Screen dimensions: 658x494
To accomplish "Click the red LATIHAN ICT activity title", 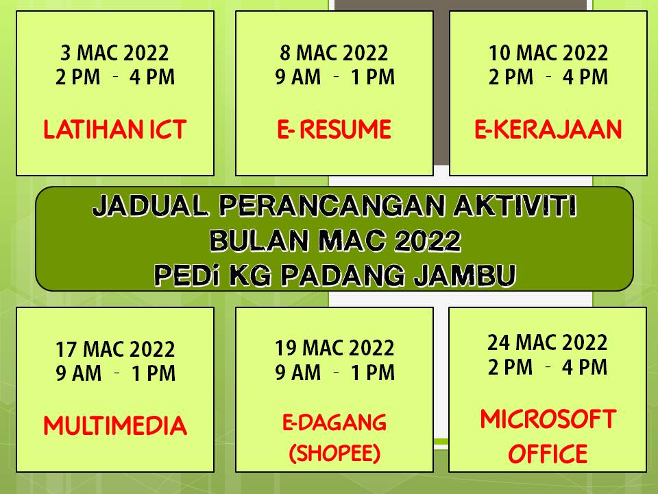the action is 115,129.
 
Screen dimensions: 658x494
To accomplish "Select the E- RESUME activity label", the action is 334,129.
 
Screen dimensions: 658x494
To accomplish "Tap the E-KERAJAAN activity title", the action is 548,129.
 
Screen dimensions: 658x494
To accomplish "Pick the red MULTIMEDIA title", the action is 115,425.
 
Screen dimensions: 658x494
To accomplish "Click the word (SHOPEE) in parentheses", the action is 334,453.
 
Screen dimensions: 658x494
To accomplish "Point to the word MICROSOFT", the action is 548,419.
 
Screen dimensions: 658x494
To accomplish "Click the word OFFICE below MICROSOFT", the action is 548,454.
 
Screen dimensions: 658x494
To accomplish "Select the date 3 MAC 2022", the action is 114,53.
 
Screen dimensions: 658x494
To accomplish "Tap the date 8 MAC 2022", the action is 334,53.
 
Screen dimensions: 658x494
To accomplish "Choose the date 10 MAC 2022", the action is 548,53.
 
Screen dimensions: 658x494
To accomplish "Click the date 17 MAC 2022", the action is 115,349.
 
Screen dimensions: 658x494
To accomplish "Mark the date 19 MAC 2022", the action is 334,349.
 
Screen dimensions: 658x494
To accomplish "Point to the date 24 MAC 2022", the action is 547,343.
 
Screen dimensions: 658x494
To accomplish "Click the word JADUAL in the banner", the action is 151,206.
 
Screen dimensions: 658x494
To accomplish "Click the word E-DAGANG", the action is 334,422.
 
